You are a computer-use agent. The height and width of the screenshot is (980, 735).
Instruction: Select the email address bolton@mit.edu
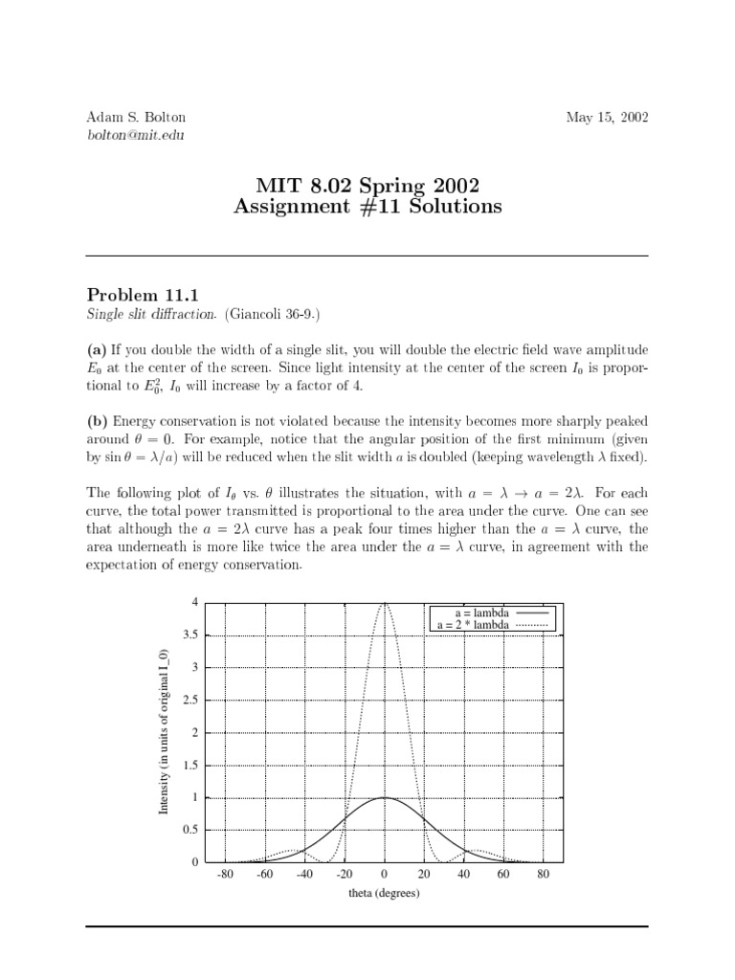[135, 135]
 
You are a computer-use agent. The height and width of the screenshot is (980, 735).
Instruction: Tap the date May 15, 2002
[607, 118]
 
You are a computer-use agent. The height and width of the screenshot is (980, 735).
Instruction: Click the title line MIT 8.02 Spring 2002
[367, 184]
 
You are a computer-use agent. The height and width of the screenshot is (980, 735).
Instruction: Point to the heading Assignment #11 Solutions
[367, 206]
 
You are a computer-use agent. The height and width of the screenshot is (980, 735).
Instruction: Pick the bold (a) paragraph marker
[98, 350]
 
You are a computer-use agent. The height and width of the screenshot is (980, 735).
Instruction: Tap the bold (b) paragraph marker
[98, 421]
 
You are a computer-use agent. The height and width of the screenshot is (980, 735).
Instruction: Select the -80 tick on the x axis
[225, 874]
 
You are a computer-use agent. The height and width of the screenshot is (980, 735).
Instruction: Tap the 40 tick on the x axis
[463, 874]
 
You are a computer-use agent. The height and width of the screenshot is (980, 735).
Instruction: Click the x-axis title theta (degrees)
[384, 893]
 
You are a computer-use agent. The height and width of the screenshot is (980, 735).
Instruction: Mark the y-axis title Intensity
[164, 732]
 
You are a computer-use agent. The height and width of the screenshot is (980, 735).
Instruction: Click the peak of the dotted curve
[384, 603]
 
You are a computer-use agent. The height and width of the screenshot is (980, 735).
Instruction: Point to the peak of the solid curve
[384, 797]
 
